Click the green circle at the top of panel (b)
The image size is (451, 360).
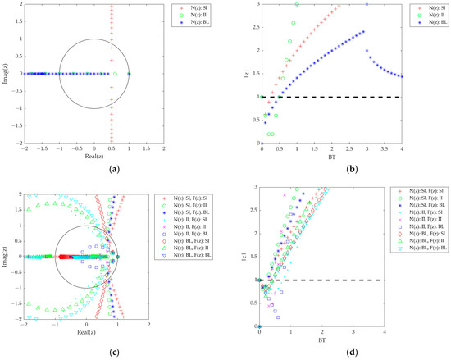(297, 4)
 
